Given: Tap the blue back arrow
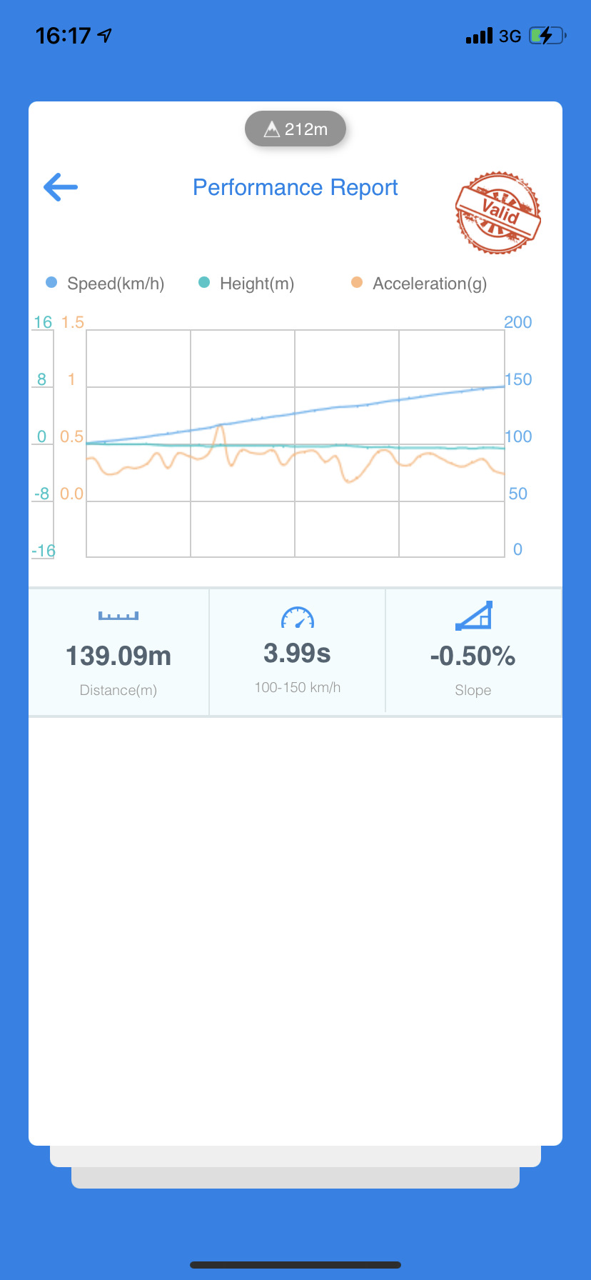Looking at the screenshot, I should coord(61,187).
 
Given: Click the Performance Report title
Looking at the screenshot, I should coord(295,187).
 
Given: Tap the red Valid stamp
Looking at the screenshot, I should coord(497,212).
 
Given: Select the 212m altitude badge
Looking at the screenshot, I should coord(295,129).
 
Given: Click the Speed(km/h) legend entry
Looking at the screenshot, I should coord(106,284).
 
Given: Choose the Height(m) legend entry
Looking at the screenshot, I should coord(247,284).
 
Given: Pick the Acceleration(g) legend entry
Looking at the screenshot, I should coord(420,284).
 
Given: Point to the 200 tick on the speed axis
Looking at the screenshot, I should coord(518,322).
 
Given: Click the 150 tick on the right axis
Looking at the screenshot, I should coord(518,379).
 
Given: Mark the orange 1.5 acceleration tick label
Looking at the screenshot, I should coord(73,322).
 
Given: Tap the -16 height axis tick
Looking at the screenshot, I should coord(44,551).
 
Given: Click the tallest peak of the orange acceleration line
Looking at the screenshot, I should coord(221,427).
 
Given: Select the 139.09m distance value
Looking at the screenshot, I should coord(118,656).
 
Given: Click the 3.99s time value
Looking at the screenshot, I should coord(297,653).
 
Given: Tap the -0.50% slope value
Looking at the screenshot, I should coord(473,656).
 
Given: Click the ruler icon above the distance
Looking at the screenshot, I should coord(118,616).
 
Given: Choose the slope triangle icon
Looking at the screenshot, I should coord(474,616).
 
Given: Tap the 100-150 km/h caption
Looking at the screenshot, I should coord(298,687).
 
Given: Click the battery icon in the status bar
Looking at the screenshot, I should coord(547,36).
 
